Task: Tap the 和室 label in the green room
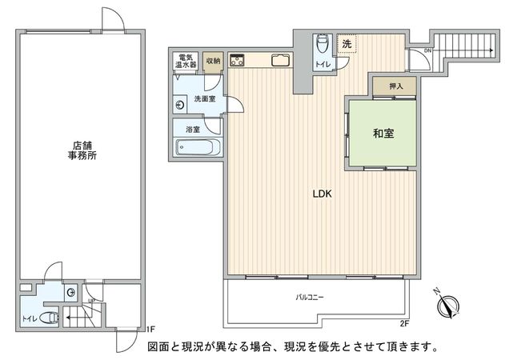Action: point(382,133)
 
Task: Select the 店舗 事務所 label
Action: point(82,151)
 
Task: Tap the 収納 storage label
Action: point(212,61)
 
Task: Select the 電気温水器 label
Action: point(186,60)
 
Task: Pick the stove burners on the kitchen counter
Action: point(237,59)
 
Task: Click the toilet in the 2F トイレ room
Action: point(322,46)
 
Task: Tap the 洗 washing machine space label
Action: point(347,44)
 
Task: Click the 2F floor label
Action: point(404,323)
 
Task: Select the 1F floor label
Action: point(150,328)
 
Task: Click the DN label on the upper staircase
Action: point(428,50)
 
